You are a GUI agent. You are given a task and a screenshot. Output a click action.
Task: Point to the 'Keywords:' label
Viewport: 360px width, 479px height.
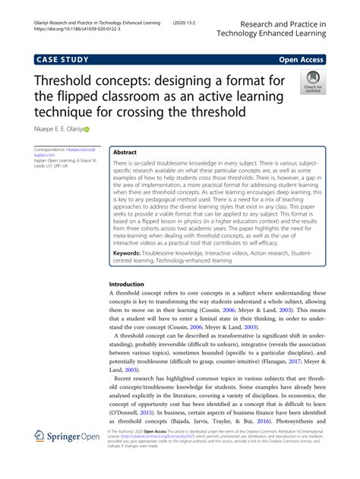[x=132, y=251]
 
